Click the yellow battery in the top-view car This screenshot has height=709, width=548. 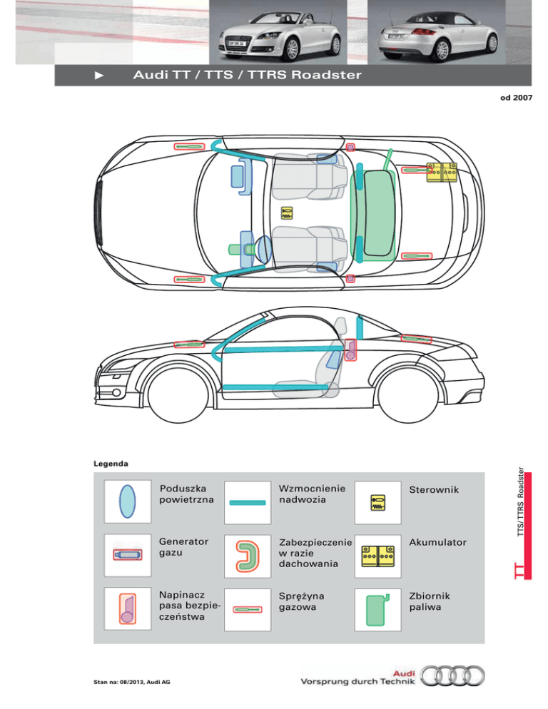click(442, 173)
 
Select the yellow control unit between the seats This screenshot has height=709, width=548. click(287, 213)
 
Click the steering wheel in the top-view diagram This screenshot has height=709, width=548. click(263, 249)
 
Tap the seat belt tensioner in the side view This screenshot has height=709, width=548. click(350, 350)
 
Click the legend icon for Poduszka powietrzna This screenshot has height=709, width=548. click(127, 501)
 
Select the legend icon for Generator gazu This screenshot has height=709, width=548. click(128, 555)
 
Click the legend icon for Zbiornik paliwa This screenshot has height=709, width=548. click(377, 610)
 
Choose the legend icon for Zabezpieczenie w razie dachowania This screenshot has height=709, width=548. click(248, 556)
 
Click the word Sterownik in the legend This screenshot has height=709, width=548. click(434, 490)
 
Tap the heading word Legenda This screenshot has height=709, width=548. click(111, 464)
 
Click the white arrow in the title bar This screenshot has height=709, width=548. click(99, 76)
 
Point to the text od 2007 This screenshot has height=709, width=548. click(517, 98)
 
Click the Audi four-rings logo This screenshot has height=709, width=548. click(452, 676)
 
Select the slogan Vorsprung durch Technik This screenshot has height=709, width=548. click(357, 681)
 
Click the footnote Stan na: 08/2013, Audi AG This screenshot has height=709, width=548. click(132, 682)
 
